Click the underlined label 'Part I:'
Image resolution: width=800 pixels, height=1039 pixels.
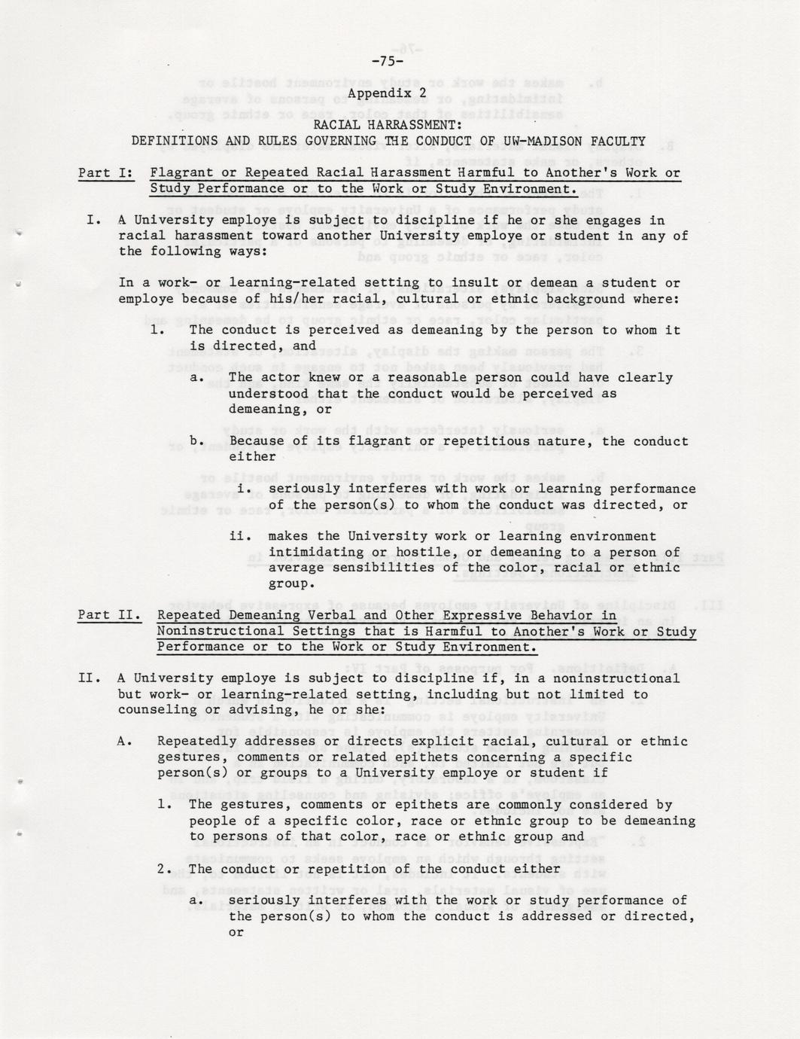(105, 173)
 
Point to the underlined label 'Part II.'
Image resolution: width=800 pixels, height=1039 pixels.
(109, 616)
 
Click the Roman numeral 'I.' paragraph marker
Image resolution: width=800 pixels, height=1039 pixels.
(94, 221)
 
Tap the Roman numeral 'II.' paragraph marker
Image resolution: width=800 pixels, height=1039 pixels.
(90, 678)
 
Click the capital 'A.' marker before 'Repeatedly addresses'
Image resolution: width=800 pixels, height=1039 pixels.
(125, 742)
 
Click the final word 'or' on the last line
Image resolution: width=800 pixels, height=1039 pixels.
(236, 932)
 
